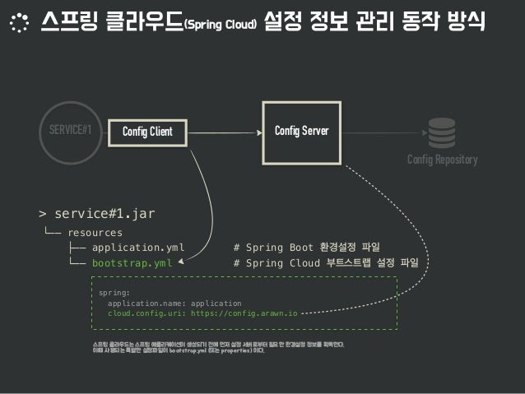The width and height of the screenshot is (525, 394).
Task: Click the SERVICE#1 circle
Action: [70, 130]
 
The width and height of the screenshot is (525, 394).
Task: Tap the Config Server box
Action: [300, 129]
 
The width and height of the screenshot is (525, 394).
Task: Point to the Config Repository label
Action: [442, 160]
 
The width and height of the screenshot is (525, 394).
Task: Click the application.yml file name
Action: [138, 247]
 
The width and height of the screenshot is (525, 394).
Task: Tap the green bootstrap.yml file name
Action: [132, 263]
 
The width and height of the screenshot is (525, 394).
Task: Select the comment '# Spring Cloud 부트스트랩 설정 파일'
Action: [326, 263]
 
